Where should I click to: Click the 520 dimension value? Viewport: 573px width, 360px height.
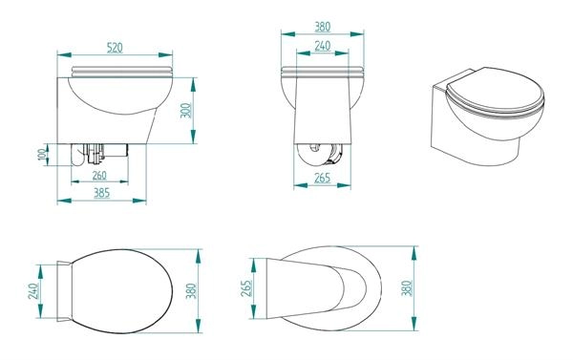pyautogui.click(x=115, y=48)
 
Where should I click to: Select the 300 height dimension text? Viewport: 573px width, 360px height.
pyautogui.click(x=186, y=111)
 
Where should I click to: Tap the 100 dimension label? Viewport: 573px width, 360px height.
pyautogui.click(x=43, y=155)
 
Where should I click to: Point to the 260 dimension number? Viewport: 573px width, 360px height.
pyautogui.click(x=99, y=176)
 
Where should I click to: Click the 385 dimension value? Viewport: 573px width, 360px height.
pyautogui.click(x=101, y=193)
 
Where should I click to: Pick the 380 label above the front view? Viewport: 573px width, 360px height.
pyautogui.click(x=323, y=27)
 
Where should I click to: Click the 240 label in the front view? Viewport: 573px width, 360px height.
pyautogui.click(x=323, y=46)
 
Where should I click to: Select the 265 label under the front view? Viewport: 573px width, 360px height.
pyautogui.click(x=323, y=178)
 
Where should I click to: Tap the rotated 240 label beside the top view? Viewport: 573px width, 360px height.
pyautogui.click(x=32, y=291)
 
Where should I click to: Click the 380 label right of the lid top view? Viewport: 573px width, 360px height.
pyautogui.click(x=191, y=291)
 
